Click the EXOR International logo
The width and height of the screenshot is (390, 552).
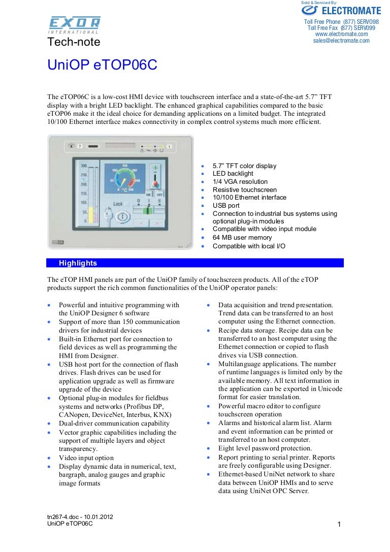click(74, 24)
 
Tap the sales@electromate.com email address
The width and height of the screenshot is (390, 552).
click(341, 41)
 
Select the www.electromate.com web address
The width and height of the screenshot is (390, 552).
click(341, 34)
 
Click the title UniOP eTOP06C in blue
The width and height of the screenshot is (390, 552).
click(102, 66)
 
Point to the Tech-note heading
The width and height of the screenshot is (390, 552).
click(74, 42)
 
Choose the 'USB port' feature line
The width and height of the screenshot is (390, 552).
click(226, 206)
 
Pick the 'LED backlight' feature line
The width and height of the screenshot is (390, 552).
click(233, 174)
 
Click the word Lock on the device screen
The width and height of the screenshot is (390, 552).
click(118, 204)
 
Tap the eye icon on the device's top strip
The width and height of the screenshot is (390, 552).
click(71, 146)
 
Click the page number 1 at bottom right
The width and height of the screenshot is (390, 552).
click(339, 525)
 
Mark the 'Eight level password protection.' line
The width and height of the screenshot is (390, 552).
click(265, 448)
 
